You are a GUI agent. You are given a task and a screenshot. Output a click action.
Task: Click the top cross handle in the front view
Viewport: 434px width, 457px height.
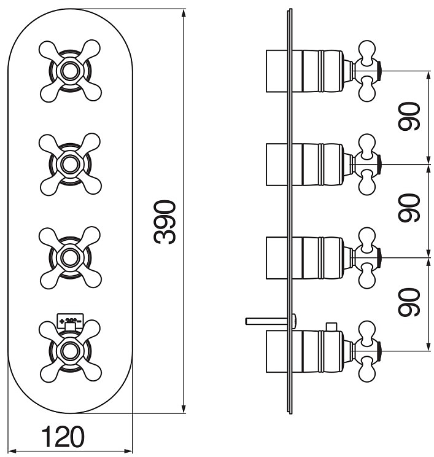(69, 71)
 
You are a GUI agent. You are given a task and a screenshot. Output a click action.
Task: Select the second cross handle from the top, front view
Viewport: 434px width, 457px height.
(69, 163)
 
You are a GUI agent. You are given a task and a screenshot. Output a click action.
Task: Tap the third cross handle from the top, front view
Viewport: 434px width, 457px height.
(69, 256)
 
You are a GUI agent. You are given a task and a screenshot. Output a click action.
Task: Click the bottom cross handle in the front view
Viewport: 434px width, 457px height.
(69, 350)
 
